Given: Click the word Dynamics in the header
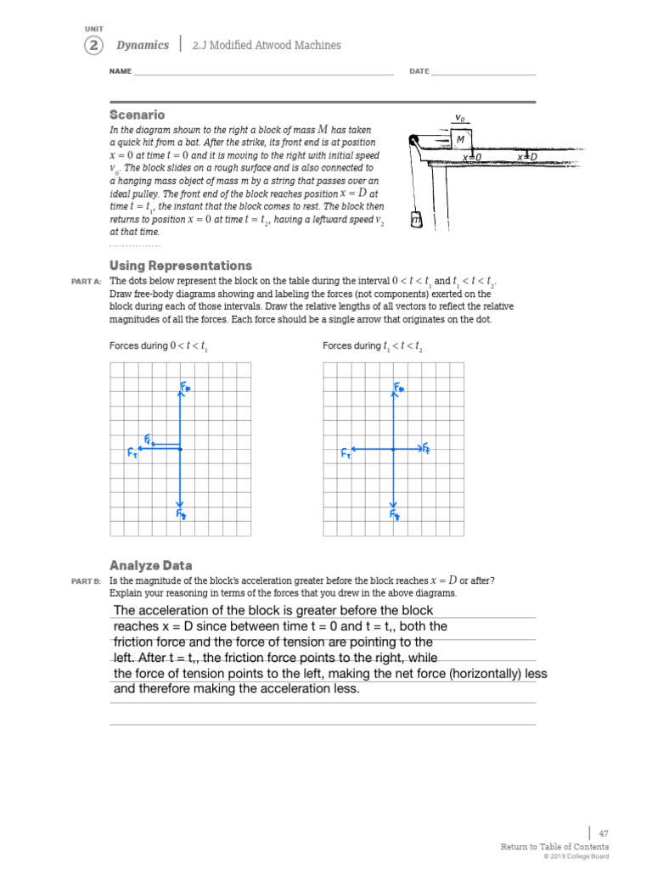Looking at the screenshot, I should coord(143,45).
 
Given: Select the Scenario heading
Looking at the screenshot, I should coord(137,115).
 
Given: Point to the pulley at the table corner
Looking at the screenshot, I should coord(413,142).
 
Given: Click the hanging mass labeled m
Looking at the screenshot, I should coord(416,220).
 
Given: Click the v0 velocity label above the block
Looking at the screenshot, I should coord(460,118).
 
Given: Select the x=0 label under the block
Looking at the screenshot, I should coord(472,158).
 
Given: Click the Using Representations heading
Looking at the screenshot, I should coord(181,266).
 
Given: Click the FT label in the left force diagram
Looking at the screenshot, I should coord(132,454).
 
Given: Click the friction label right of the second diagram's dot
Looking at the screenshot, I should coord(426,447).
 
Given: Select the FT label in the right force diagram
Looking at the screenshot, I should coord(346,454).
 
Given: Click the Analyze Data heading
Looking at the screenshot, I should coord(150,565).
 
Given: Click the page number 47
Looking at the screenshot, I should coord(604,833).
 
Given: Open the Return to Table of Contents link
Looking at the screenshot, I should coord(554,847).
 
